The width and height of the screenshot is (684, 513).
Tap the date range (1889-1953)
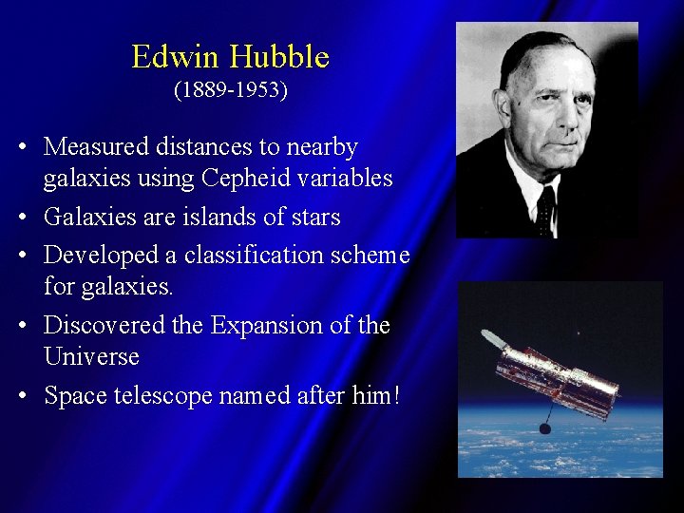pos(231,91)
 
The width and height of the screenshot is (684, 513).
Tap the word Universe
pos(91,357)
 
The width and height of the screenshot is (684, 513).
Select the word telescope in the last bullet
pos(161,396)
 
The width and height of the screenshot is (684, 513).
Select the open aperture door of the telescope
pos(494,339)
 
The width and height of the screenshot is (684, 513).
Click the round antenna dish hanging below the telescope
pos(545,428)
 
